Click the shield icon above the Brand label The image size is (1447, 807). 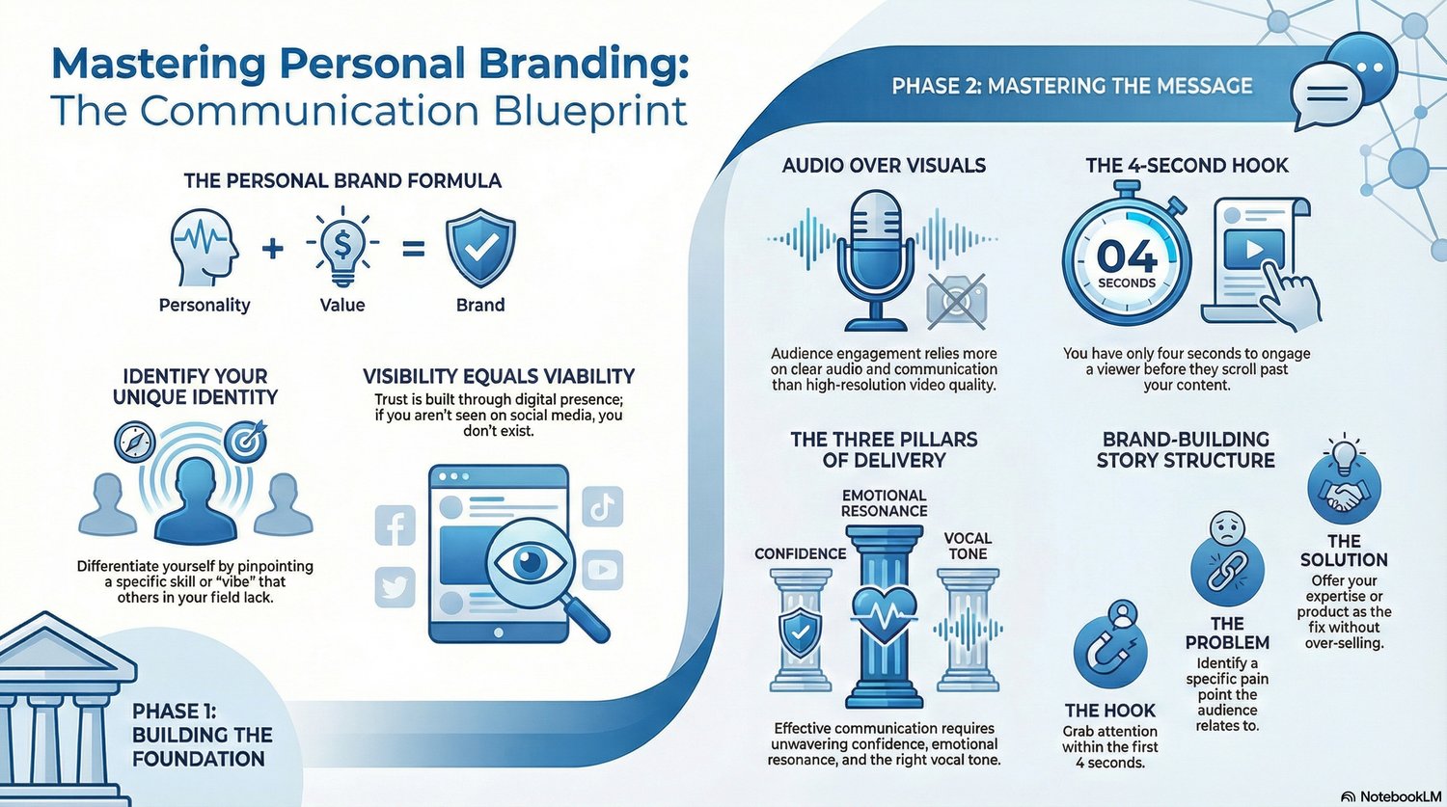pos(480,247)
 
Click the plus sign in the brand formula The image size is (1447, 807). pos(273,249)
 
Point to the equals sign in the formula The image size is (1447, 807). pos(414,249)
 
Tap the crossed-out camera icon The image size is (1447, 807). pos(957,299)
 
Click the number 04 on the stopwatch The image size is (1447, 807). pos(1127,256)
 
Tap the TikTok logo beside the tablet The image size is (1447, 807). pos(602,506)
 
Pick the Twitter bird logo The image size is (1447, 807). pos(395,587)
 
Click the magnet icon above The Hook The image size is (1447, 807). pos(1109,652)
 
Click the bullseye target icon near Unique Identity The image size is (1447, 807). pos(246,442)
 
